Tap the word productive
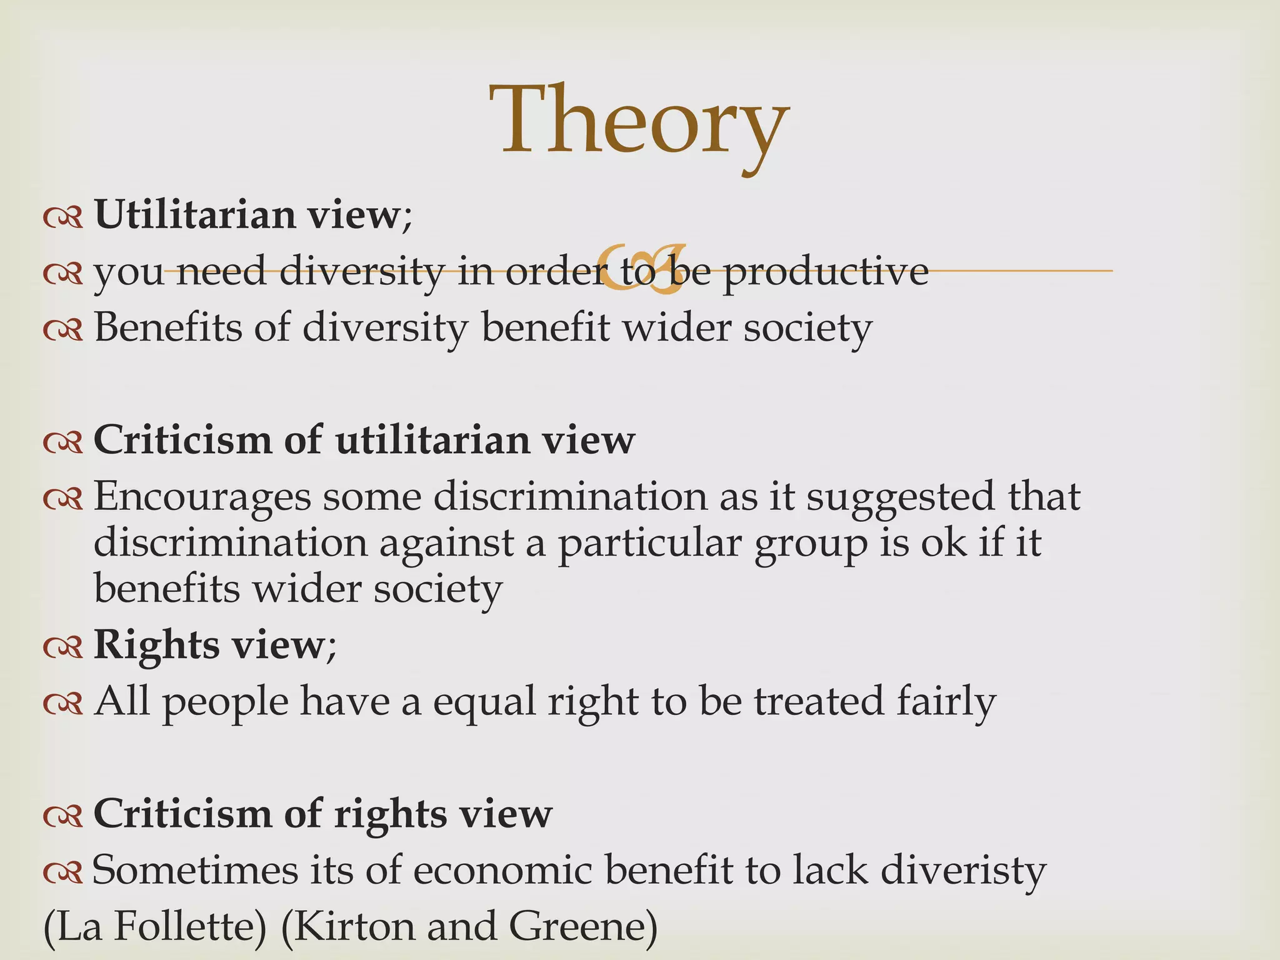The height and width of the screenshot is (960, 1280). click(x=826, y=271)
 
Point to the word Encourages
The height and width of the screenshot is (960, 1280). click(x=202, y=498)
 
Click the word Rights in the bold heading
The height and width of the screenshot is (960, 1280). click(x=156, y=645)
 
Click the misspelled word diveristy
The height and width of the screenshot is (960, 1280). click(x=963, y=870)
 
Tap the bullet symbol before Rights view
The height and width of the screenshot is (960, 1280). click(x=63, y=649)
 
